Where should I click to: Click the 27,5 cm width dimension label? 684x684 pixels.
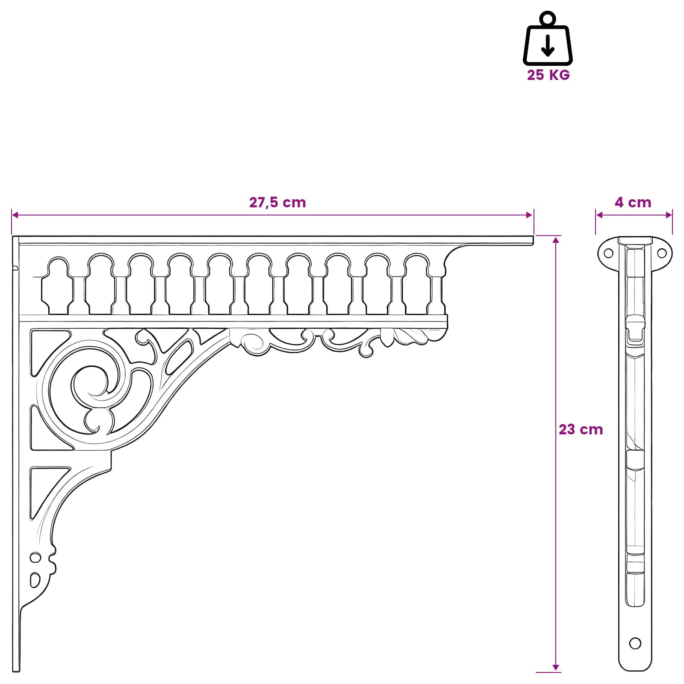click(x=277, y=202)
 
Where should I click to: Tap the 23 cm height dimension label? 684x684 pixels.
click(x=581, y=429)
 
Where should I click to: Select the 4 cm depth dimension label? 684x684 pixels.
click(x=633, y=202)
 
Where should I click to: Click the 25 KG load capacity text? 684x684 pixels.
click(x=548, y=75)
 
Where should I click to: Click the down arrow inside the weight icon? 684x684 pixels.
click(x=548, y=46)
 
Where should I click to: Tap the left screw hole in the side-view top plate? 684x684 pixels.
click(x=608, y=253)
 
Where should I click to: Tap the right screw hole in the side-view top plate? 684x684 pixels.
click(x=662, y=253)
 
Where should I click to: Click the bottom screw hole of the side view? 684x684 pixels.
click(x=635, y=643)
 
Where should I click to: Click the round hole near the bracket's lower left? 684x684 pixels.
click(x=35, y=557)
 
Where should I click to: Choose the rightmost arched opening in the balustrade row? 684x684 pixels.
click(x=416, y=284)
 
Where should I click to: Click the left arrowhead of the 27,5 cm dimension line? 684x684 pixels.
click(x=15, y=215)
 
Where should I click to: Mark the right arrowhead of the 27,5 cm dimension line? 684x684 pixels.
click(x=530, y=215)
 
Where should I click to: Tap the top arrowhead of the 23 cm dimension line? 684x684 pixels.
click(x=556, y=239)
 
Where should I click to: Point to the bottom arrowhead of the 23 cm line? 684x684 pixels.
click(x=556, y=668)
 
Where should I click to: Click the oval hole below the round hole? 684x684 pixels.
click(x=35, y=581)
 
